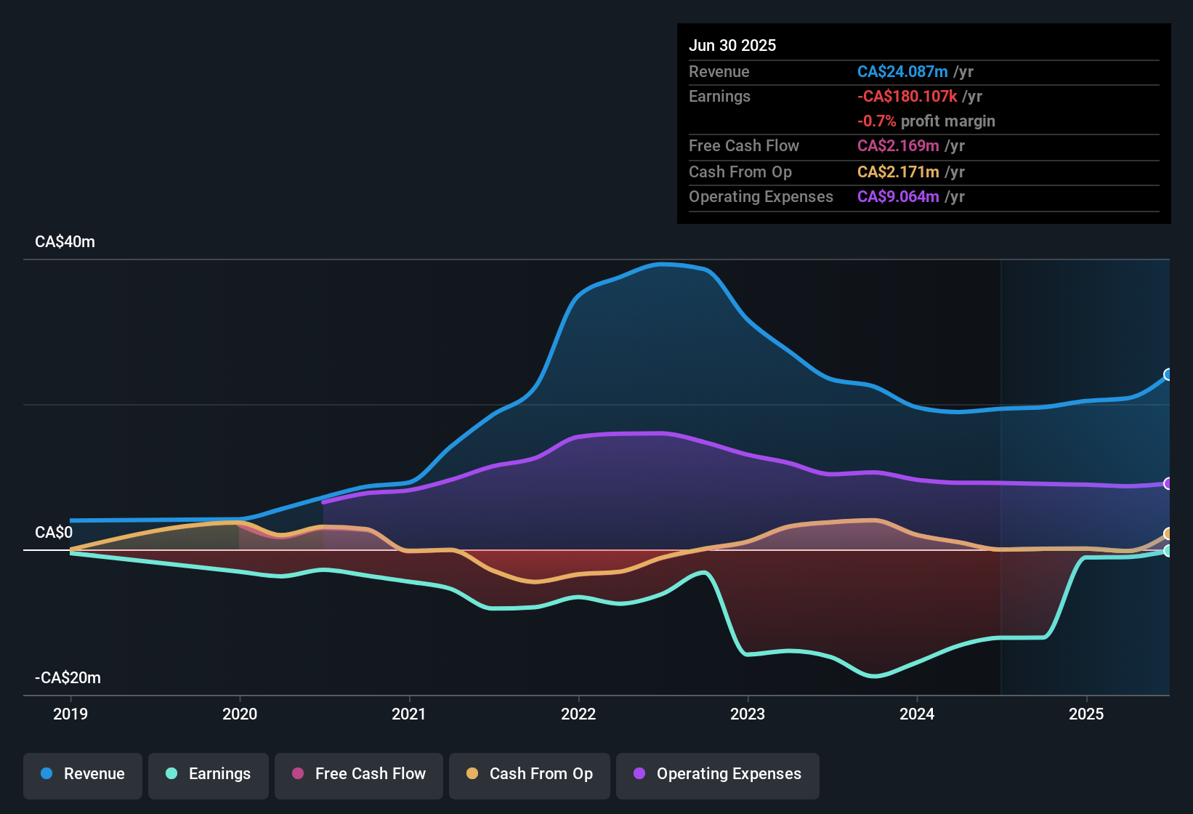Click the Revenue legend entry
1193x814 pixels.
tap(82, 774)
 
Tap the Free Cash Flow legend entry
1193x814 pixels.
tap(358, 774)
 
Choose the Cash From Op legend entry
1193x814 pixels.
tap(529, 774)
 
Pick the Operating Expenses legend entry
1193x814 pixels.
tap(717, 774)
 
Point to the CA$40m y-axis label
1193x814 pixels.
tap(65, 242)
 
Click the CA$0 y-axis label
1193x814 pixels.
tap(54, 533)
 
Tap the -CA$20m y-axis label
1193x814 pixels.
tap(68, 678)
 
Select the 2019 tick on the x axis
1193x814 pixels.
tap(70, 714)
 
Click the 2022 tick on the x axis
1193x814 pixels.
tap(578, 714)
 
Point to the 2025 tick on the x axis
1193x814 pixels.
tap(1086, 714)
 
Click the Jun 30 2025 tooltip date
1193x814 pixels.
tap(732, 46)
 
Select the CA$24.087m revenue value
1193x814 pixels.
tap(902, 72)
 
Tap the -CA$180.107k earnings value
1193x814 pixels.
tap(907, 97)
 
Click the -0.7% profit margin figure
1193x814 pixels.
tap(876, 121)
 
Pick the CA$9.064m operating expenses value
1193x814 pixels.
tap(898, 197)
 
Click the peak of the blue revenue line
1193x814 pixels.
tap(661, 265)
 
